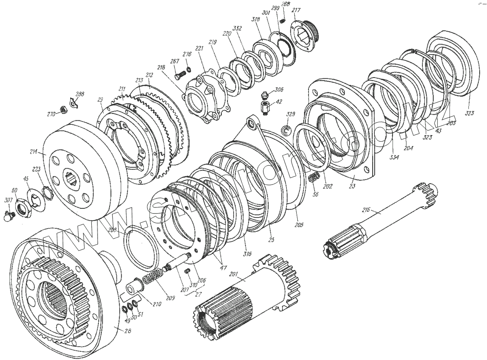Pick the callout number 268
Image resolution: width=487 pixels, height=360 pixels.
point(285,4)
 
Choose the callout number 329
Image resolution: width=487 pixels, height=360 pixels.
point(291,114)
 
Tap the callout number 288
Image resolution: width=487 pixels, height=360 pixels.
point(80,94)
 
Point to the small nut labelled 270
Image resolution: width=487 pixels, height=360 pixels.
point(62,109)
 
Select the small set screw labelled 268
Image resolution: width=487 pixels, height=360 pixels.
point(282,20)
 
